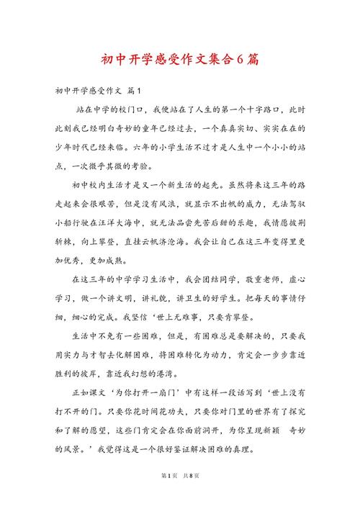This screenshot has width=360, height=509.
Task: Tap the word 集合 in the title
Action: (x=215, y=59)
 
